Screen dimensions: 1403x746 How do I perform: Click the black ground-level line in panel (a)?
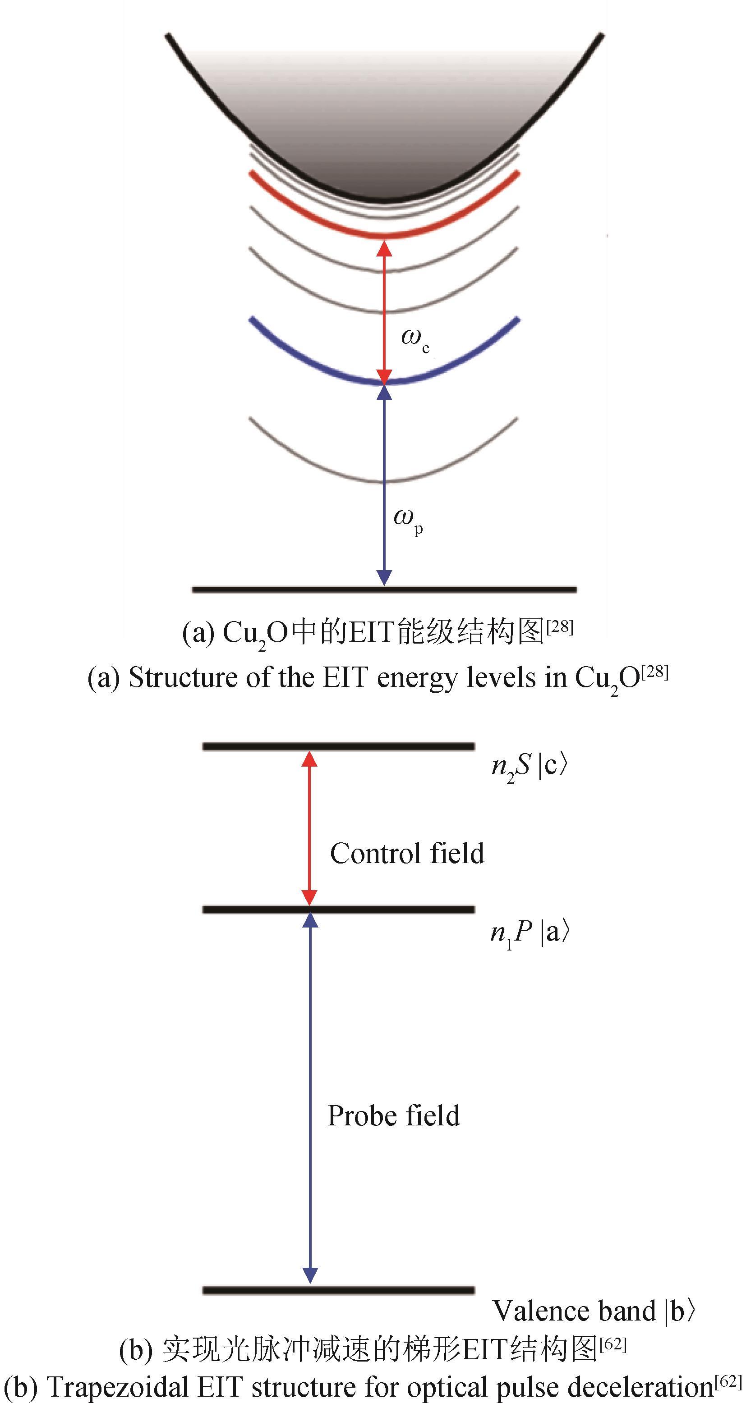pos(272,590)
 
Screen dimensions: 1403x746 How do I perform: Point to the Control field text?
pos(406,854)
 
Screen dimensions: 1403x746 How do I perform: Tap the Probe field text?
pos(393,1116)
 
